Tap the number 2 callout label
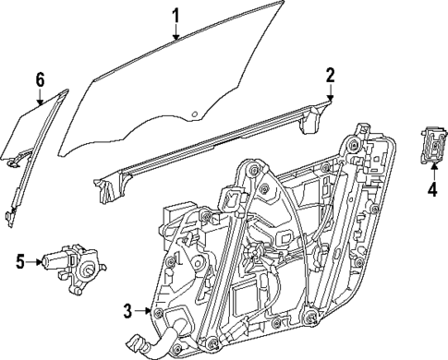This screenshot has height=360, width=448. point(331,74)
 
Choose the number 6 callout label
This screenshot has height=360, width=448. point(40,80)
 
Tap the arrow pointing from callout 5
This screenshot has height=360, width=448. point(33,262)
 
